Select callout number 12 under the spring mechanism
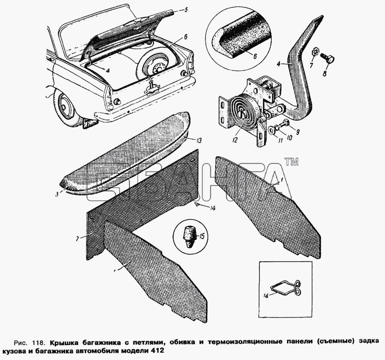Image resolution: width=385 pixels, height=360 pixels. (x=235, y=140)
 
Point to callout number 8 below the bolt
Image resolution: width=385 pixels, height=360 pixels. (x=324, y=74)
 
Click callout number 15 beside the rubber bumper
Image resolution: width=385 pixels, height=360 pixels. (x=201, y=237)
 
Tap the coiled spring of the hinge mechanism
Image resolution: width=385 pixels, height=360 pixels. (x=242, y=110)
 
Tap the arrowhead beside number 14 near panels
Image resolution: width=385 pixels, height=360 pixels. (x=197, y=204)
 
